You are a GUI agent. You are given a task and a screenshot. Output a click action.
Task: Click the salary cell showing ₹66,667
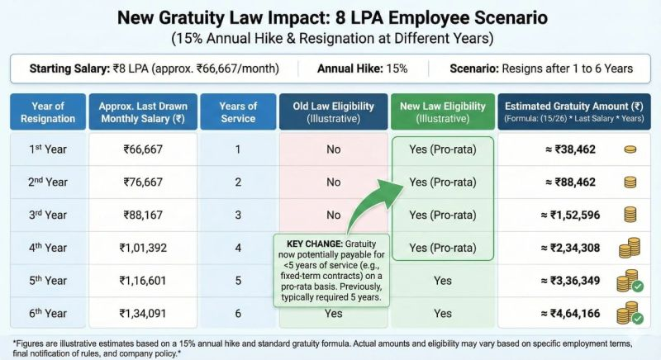click(x=145, y=149)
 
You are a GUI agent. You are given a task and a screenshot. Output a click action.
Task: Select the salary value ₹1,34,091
click(x=145, y=313)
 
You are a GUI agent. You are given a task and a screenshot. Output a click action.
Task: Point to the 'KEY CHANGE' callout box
click(x=328, y=268)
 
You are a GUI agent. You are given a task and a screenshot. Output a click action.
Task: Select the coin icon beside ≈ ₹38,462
click(x=630, y=149)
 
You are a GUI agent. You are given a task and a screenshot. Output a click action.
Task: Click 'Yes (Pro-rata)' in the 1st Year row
click(x=443, y=149)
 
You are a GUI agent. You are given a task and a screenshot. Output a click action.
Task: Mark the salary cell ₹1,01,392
click(x=145, y=247)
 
